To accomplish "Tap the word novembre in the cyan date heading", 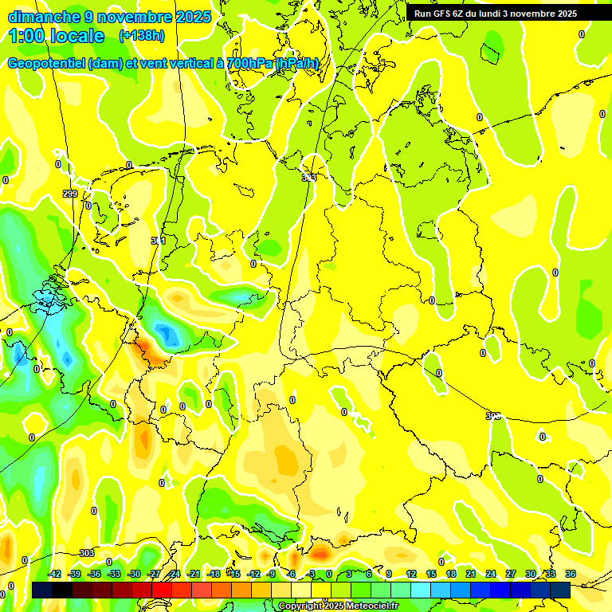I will [131, 17].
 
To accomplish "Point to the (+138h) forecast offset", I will [141, 36].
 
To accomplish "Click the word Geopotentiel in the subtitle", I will [46, 64].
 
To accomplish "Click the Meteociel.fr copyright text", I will [367, 606].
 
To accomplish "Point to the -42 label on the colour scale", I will [55, 574].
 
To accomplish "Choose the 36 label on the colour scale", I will [571, 574].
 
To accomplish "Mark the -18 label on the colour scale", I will [214, 574].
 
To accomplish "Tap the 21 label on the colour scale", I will [471, 574].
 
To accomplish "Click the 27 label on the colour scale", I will [511, 574].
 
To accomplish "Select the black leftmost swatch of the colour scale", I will [42, 590].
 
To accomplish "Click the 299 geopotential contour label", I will [70, 194].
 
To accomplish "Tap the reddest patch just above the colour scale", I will [320, 551].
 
